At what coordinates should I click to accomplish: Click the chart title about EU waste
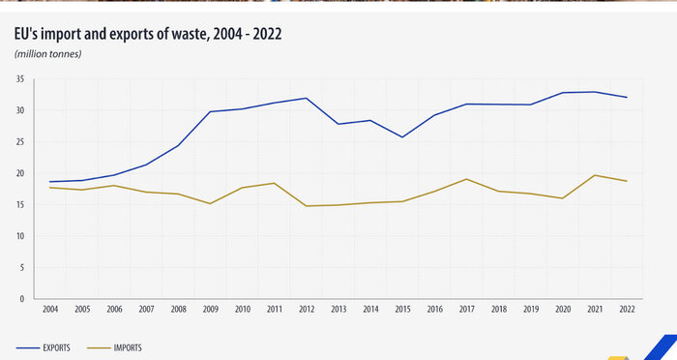[149, 34]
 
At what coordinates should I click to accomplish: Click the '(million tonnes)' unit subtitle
[48, 53]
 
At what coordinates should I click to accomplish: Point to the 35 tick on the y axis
[19, 79]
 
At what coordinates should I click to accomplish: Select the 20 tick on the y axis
[19, 173]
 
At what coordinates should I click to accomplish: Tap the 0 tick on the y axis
[22, 299]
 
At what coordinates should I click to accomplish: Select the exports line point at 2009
[211, 111]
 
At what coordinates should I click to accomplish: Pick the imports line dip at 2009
[211, 203]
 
